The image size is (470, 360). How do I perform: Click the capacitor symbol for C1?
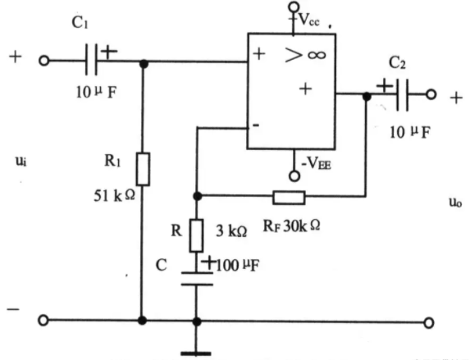(x=91, y=60)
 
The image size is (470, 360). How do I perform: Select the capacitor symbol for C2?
(x=402, y=95)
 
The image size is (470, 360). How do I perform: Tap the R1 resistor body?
(x=143, y=169)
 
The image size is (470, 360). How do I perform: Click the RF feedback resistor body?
(x=289, y=198)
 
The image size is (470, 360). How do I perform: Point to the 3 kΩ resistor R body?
(x=196, y=235)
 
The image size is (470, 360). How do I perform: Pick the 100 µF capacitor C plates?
(x=197, y=279)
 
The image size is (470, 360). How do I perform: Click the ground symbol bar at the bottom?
(x=196, y=353)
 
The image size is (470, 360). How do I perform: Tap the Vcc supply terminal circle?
(x=294, y=7)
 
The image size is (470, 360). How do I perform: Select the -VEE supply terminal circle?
(x=294, y=176)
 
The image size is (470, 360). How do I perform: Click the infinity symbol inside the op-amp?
(x=317, y=55)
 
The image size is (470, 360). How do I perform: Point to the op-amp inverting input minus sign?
(x=256, y=125)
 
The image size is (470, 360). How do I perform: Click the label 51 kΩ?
(x=115, y=196)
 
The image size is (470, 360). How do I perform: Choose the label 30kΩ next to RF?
(x=301, y=226)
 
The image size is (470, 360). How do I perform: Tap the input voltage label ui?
(x=21, y=162)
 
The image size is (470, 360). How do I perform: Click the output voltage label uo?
(x=455, y=203)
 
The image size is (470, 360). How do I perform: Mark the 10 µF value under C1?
(x=96, y=92)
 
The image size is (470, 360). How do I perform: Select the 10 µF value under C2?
(x=410, y=132)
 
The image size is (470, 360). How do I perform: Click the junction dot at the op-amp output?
(x=367, y=97)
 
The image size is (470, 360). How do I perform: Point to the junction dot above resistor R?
(x=197, y=196)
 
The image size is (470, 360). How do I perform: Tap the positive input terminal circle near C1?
(x=43, y=61)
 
